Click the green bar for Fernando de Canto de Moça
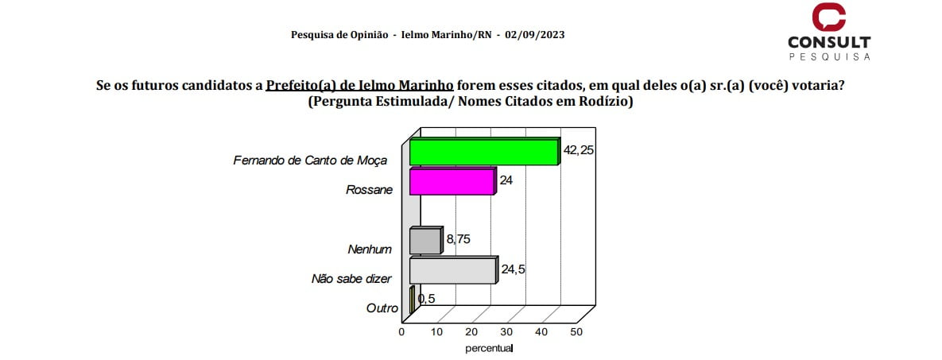[x=483, y=153]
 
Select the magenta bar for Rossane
[x=451, y=182]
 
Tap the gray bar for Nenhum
[x=424, y=242]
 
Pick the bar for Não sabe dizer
[x=452, y=271]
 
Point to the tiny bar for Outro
[x=412, y=300]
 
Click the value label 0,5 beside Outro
[x=427, y=299]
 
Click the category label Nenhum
[x=370, y=250]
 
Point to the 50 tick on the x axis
[x=576, y=331]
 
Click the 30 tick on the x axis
[x=506, y=331]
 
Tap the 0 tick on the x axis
[x=402, y=331]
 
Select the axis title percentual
[x=489, y=348]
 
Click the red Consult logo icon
[x=828, y=17]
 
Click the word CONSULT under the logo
[x=828, y=43]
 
